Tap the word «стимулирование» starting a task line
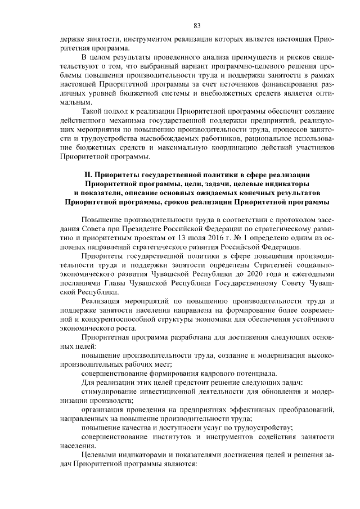110,391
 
